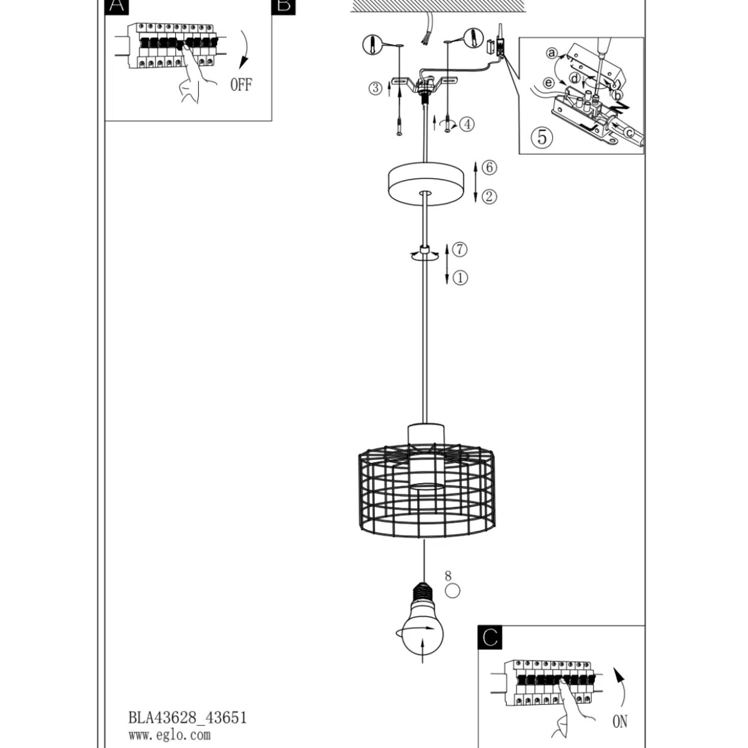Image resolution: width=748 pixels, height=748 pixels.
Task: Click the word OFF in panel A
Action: (x=241, y=84)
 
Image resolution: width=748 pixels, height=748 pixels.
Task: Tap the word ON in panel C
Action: (x=619, y=721)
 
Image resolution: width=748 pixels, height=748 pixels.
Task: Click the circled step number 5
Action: (x=542, y=137)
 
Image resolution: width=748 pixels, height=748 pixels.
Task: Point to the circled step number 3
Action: (x=375, y=88)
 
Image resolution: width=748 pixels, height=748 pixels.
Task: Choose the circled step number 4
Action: (x=467, y=124)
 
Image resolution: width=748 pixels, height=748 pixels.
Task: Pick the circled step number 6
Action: (x=489, y=168)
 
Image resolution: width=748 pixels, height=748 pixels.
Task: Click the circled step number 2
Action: (x=489, y=196)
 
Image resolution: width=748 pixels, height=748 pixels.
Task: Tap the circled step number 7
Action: (x=460, y=249)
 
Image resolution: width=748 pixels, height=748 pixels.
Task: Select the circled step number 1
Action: (x=460, y=278)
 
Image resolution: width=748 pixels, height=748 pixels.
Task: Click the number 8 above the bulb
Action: (x=448, y=576)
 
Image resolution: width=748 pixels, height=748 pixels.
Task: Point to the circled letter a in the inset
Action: (x=552, y=53)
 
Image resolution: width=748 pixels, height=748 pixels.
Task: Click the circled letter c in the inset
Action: (x=630, y=133)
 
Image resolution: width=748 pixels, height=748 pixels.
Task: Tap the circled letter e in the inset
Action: (x=548, y=83)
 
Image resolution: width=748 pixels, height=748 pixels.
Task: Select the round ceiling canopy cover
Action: (x=426, y=183)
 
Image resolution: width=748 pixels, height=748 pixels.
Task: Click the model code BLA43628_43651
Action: (x=187, y=717)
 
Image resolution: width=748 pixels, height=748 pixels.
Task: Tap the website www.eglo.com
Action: (x=169, y=735)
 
